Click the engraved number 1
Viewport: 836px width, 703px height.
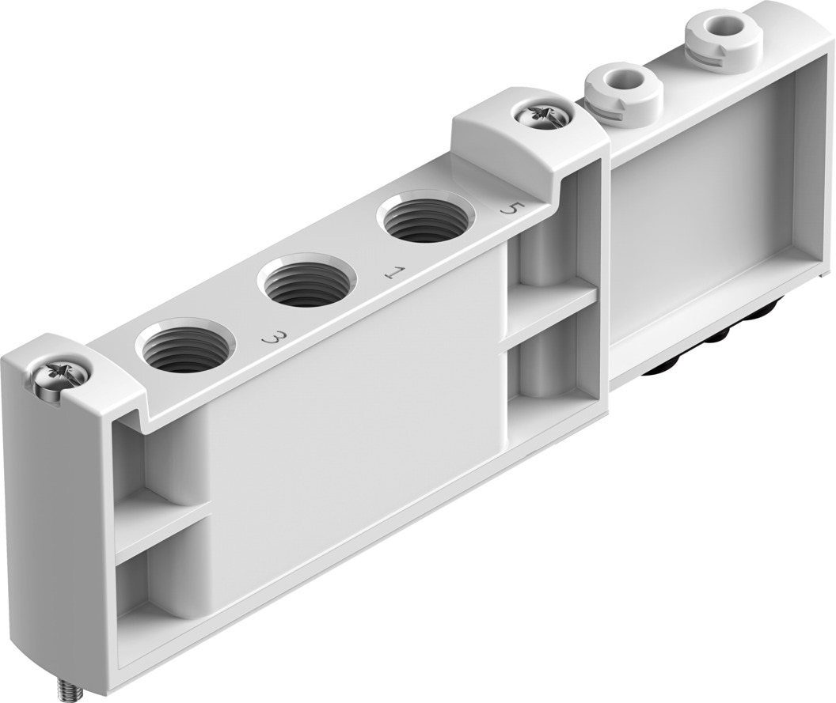pyautogui.click(x=390, y=274)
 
